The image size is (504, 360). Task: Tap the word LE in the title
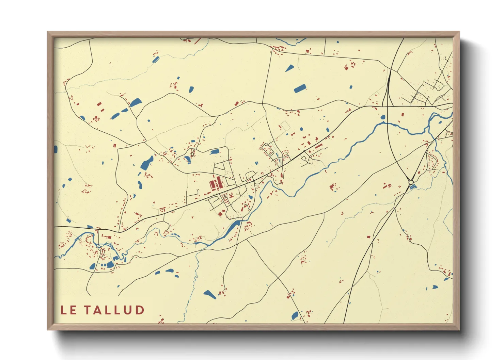coord(68,310)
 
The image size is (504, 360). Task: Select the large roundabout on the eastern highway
coord(411,182)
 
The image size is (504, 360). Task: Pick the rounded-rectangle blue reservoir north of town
coord(300,88)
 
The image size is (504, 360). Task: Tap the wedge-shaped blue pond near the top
coord(289,68)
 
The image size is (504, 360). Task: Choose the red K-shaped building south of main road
coord(231,195)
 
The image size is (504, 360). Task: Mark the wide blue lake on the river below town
coord(233,225)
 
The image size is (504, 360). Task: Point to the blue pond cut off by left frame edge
coord(56,149)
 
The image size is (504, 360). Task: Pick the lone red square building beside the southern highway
coord(368,237)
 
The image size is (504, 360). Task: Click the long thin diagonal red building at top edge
coord(197,41)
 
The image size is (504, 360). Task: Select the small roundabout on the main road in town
coord(253,180)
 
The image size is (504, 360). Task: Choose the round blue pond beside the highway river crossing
coord(383,117)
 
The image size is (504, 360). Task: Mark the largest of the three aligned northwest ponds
coord(135,102)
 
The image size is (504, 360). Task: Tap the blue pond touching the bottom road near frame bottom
coord(295,316)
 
